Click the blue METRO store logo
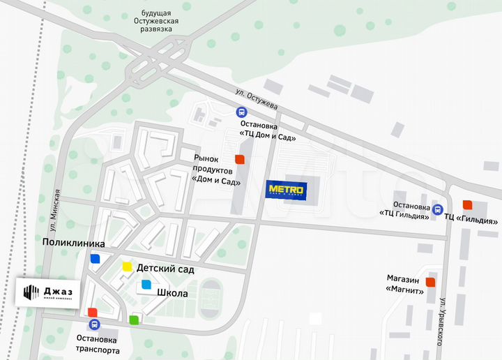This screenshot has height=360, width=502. pyautogui.click(x=286, y=190)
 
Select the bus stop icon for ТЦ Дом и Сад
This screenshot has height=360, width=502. pyautogui.click(x=241, y=112)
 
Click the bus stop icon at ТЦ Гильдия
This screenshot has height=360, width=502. pyautogui.click(x=437, y=209)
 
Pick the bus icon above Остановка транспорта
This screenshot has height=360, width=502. pyautogui.click(x=94, y=325)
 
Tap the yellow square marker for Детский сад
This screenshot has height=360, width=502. pyautogui.click(x=127, y=266)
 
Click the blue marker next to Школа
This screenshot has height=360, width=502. pyautogui.click(x=146, y=284)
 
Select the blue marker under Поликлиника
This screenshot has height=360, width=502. pyautogui.click(x=95, y=258)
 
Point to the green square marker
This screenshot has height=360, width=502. pyautogui.click(x=134, y=320)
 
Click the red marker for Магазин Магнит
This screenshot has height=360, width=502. pyautogui.click(x=430, y=282)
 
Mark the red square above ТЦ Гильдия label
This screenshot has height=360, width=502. pyautogui.click(x=468, y=204)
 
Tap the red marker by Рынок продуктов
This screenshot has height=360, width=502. pyautogui.click(x=240, y=159)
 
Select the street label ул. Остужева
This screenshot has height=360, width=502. pyautogui.click(x=257, y=100)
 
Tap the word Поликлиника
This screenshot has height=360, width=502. pyautogui.click(x=73, y=243)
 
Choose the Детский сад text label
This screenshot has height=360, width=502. pyautogui.click(x=165, y=269)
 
